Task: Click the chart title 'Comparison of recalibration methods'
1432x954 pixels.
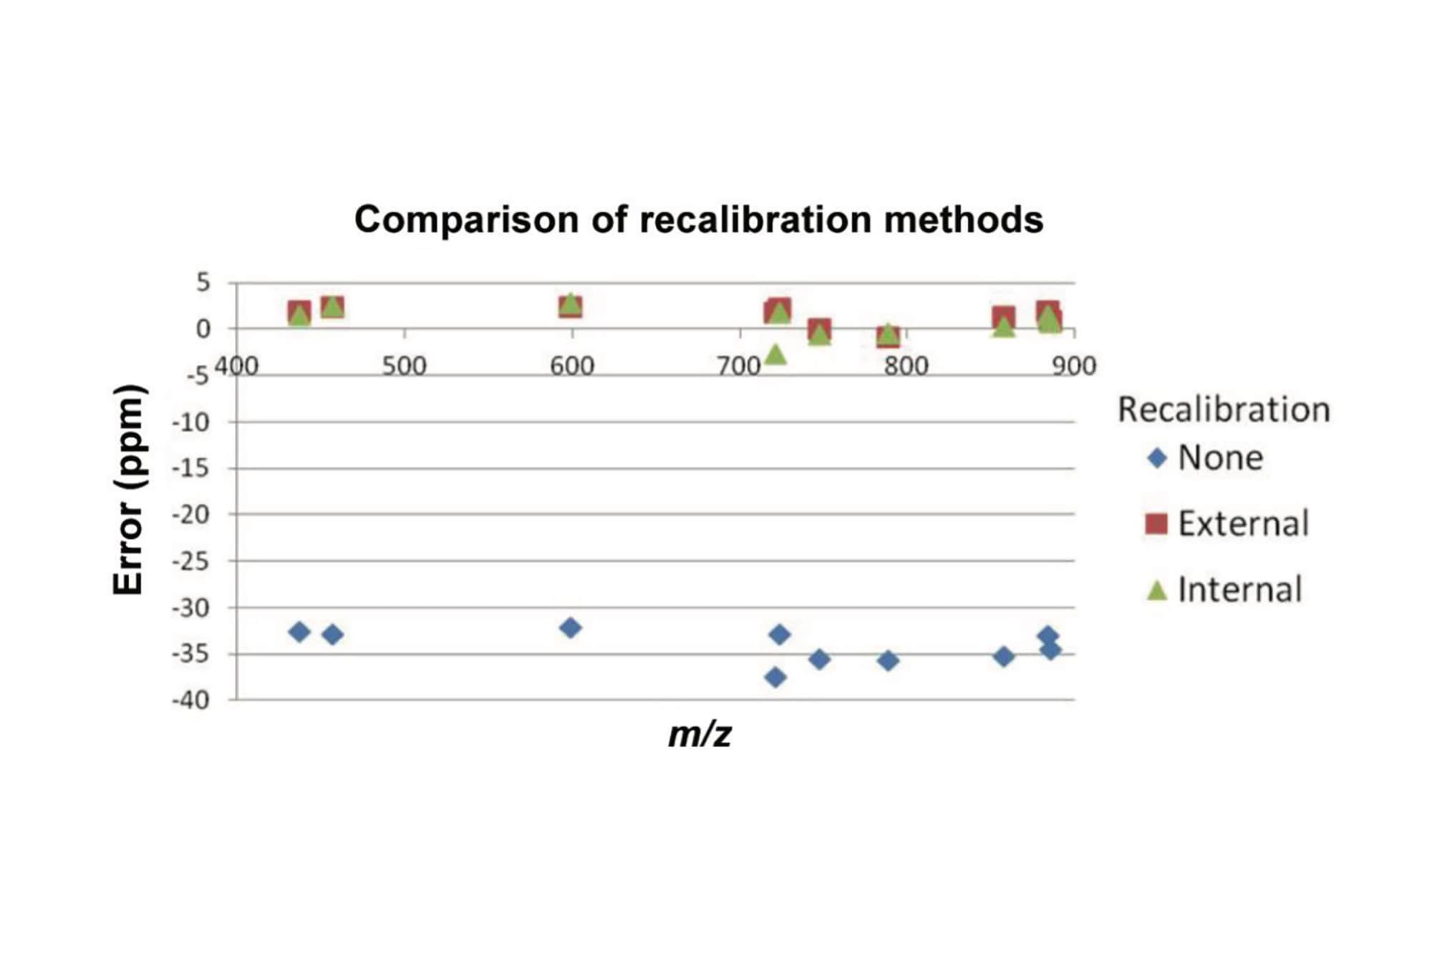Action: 698,220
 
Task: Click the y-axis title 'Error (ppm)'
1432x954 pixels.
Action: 129,490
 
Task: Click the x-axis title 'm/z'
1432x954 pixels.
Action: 700,735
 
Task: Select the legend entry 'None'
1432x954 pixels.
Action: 1220,458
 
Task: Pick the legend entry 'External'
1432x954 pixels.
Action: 1243,524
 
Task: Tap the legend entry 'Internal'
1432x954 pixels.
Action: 1239,590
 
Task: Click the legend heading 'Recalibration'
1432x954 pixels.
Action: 1224,410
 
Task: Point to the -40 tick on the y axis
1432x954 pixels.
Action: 191,700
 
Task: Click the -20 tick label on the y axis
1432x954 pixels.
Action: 191,515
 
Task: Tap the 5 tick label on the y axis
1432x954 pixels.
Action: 203,283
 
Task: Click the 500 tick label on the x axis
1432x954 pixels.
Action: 404,366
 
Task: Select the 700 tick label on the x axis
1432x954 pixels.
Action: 739,366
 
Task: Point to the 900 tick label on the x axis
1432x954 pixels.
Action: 1074,366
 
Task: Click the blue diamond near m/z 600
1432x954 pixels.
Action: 571,628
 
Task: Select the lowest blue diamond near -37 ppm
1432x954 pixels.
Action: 775,677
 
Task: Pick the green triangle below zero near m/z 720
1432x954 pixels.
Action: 775,354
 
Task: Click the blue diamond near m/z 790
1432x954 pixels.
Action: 888,661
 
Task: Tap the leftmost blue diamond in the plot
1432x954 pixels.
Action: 299,632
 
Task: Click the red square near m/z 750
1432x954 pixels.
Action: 819,330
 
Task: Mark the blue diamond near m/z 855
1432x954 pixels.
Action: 1004,656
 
